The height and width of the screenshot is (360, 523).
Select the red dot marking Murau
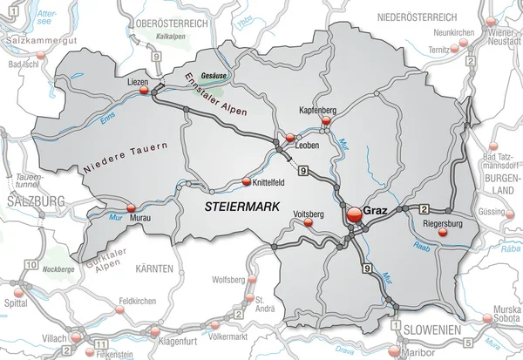[132, 207]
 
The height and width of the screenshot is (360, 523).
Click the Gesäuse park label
[214, 74]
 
